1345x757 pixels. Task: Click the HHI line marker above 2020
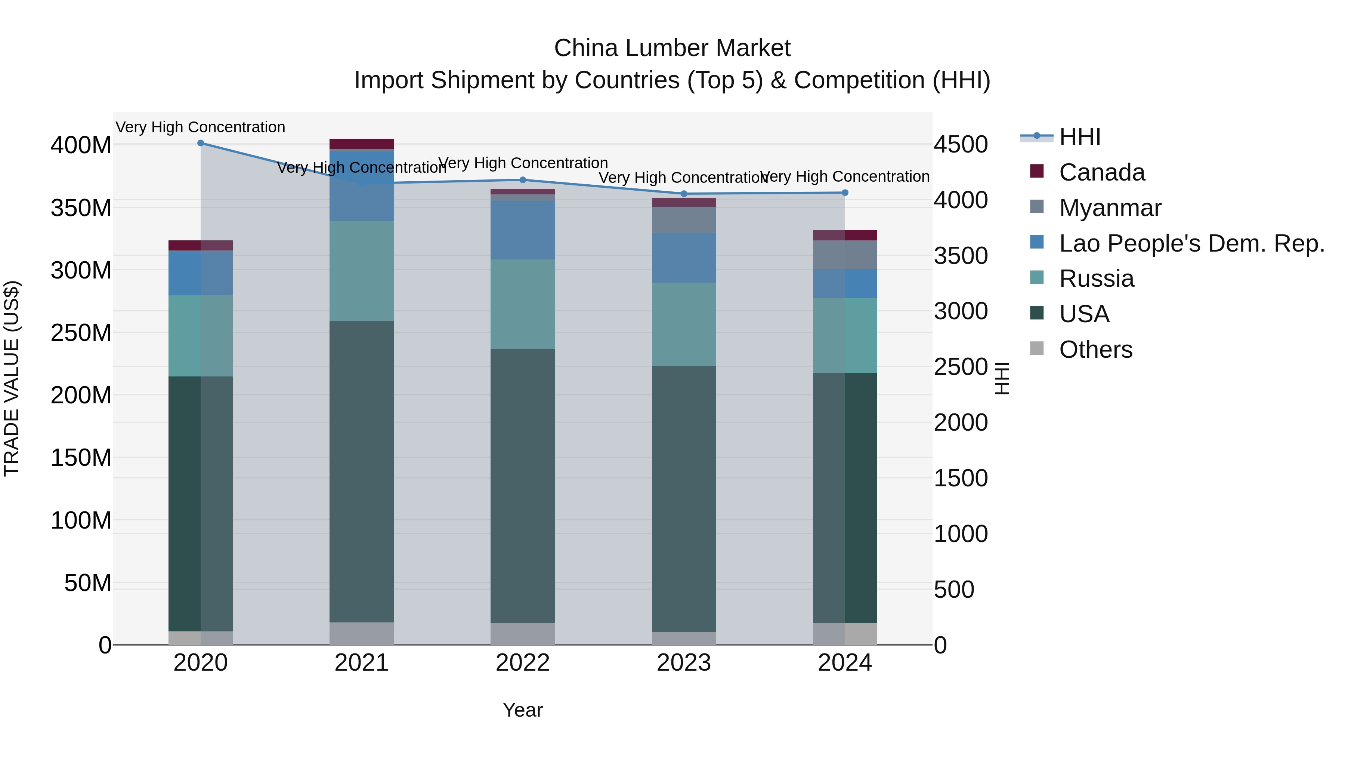201,143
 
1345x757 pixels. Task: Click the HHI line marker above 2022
523,180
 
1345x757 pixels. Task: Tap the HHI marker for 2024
845,193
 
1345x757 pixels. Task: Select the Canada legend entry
1102,172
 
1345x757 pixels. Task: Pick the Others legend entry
1095,350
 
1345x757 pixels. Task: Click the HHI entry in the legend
1080,137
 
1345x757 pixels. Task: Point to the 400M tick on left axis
81,145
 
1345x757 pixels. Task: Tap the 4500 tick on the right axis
961,145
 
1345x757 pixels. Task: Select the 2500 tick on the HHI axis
961,367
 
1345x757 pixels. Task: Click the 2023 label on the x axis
683,663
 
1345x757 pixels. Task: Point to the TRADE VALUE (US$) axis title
12,378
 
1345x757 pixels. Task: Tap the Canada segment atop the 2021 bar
362,144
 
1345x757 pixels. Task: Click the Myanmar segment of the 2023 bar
683,220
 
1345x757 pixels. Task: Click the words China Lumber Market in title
672,48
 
